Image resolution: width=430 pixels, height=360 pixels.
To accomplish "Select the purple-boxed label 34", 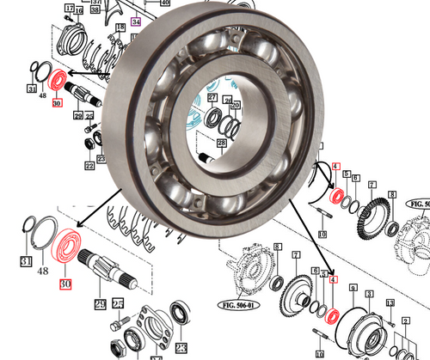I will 135,21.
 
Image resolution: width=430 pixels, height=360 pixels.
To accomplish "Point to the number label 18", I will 120,27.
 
